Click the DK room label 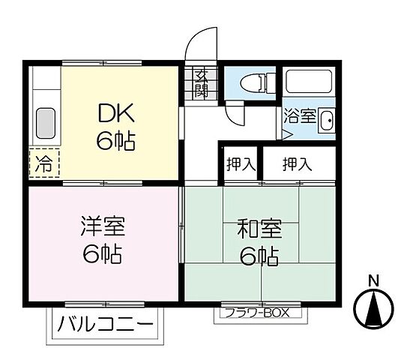tap(115, 115)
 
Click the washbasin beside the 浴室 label tap(326, 120)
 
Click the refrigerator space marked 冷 tap(45, 163)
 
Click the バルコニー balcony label tap(104, 325)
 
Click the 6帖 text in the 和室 tap(259, 257)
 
